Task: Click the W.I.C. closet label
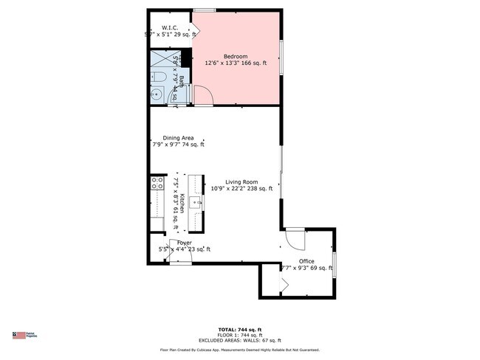171,27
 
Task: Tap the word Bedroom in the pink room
236,56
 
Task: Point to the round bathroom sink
157,94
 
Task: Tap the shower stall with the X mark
161,59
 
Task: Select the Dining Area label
178,137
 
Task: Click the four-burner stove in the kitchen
157,183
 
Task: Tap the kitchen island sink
196,201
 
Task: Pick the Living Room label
241,181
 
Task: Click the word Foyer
184,243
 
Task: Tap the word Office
306,261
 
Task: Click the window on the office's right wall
335,265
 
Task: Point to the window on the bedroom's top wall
205,10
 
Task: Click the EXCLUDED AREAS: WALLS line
240,339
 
